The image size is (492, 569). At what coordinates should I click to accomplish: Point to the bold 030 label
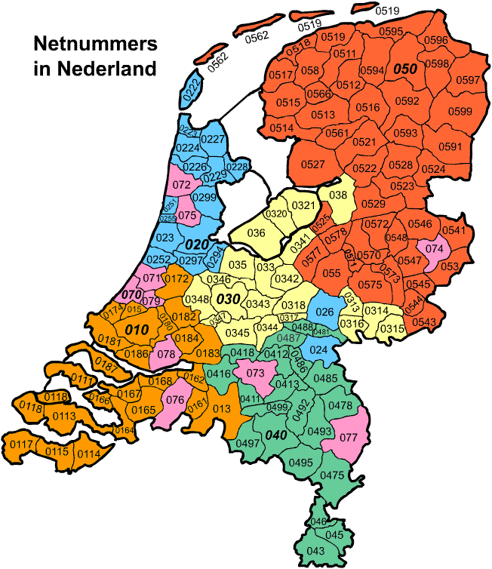(x=228, y=299)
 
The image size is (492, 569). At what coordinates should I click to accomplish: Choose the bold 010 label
(x=137, y=330)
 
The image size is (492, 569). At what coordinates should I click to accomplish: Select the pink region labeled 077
(x=347, y=435)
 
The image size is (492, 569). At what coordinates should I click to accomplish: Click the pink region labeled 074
(x=435, y=248)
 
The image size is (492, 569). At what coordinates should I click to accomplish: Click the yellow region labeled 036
(x=256, y=233)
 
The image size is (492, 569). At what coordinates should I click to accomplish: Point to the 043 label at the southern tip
(x=315, y=551)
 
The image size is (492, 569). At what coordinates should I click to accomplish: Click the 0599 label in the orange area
(x=460, y=112)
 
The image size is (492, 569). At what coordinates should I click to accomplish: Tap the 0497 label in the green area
(x=248, y=443)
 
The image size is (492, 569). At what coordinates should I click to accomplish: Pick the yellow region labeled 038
(x=337, y=194)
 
